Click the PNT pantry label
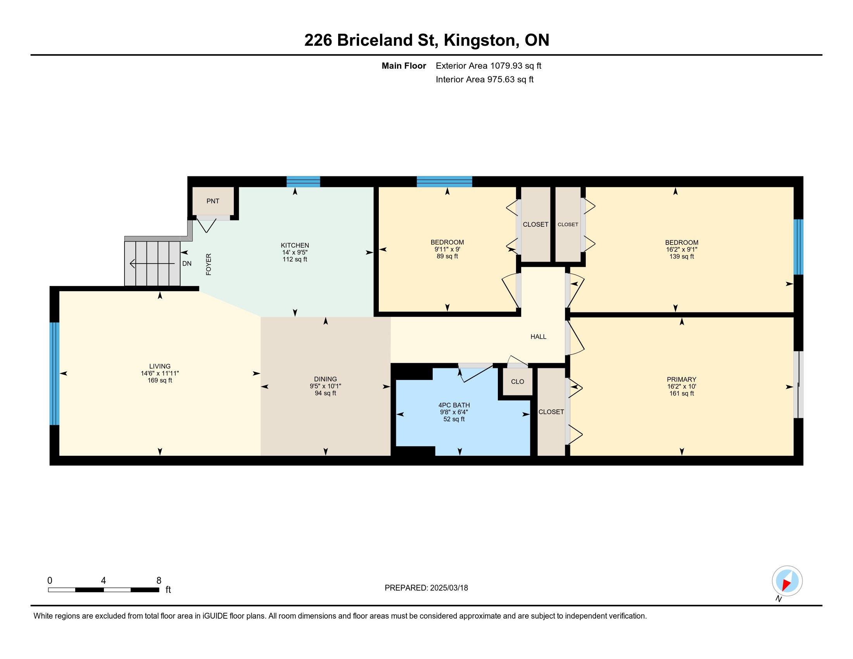click(x=213, y=201)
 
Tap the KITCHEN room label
click(x=295, y=245)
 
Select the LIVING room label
click(x=160, y=366)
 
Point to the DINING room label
click(x=325, y=379)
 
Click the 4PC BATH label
click(x=454, y=405)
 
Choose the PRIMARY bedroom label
click(x=682, y=380)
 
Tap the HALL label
click(x=538, y=336)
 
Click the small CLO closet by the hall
click(x=518, y=381)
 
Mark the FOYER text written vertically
click(x=209, y=264)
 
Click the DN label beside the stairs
click(x=187, y=264)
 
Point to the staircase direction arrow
click(x=152, y=264)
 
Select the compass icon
click(x=787, y=581)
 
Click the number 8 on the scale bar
click(x=159, y=581)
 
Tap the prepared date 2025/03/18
click(x=448, y=588)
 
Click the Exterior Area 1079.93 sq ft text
click(x=489, y=66)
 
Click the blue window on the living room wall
click(x=54, y=374)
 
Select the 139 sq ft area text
click(x=682, y=257)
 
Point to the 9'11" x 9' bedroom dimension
click(x=447, y=249)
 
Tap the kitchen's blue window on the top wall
click(x=303, y=182)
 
